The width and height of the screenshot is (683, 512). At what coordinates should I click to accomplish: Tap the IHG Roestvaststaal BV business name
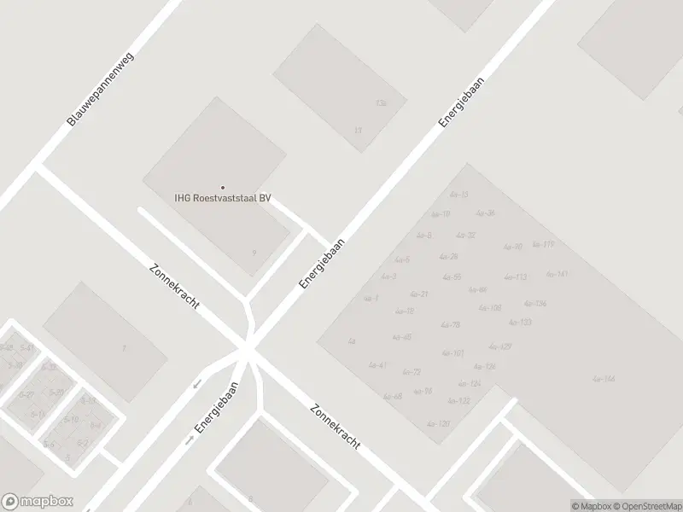point(223,199)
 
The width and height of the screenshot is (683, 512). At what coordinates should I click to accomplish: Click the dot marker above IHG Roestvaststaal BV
point(223,188)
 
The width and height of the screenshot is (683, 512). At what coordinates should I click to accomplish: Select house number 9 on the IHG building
point(254,253)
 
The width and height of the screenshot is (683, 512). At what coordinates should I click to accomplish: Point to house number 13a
point(381,103)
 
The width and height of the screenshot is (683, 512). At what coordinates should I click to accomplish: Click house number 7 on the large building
point(124,348)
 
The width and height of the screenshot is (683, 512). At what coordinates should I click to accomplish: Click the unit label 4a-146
point(604,378)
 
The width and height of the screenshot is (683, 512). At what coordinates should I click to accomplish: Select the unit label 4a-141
point(557,274)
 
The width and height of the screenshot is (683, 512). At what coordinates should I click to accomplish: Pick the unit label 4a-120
point(438,423)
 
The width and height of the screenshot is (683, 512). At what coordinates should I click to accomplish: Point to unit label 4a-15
point(458,195)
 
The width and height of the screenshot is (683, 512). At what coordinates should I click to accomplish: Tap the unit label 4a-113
point(515,277)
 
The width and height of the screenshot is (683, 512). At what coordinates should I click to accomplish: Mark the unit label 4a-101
point(452,352)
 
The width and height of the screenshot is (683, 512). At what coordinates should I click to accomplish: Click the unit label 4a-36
point(485,213)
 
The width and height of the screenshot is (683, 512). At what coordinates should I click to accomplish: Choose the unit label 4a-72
point(411,372)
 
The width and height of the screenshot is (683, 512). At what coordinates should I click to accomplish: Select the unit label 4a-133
point(520,323)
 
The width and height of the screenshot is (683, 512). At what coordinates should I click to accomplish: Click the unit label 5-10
point(71,419)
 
